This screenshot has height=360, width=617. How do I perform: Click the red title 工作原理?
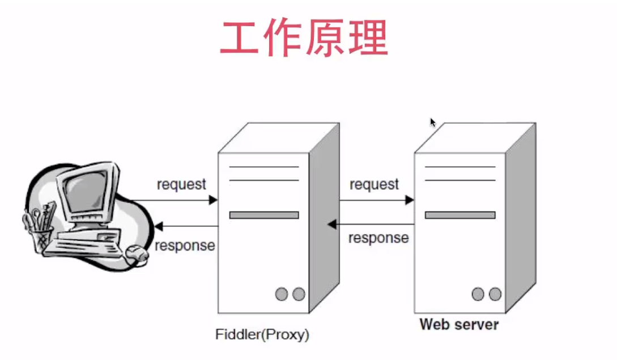304,38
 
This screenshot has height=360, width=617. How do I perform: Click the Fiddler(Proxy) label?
262,334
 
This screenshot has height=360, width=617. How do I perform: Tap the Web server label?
459,324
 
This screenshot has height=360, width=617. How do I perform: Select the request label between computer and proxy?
181,184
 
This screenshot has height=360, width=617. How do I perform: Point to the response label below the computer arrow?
185,245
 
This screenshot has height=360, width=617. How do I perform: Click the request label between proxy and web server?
374,184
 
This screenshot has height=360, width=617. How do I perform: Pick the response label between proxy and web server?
378,238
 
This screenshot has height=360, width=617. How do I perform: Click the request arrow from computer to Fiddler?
176,200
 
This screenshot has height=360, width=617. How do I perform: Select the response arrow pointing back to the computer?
187,227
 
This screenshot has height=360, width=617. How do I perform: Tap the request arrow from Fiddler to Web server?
376,200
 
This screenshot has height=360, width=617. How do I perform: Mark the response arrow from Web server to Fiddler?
371,225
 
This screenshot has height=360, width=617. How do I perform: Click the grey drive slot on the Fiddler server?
264,215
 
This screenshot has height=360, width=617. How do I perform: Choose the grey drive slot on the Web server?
460,215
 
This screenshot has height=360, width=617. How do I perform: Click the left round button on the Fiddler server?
282,294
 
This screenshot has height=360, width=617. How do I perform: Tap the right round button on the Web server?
495,294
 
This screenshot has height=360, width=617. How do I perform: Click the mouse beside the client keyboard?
136,252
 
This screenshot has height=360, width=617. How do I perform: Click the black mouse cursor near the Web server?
433,122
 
